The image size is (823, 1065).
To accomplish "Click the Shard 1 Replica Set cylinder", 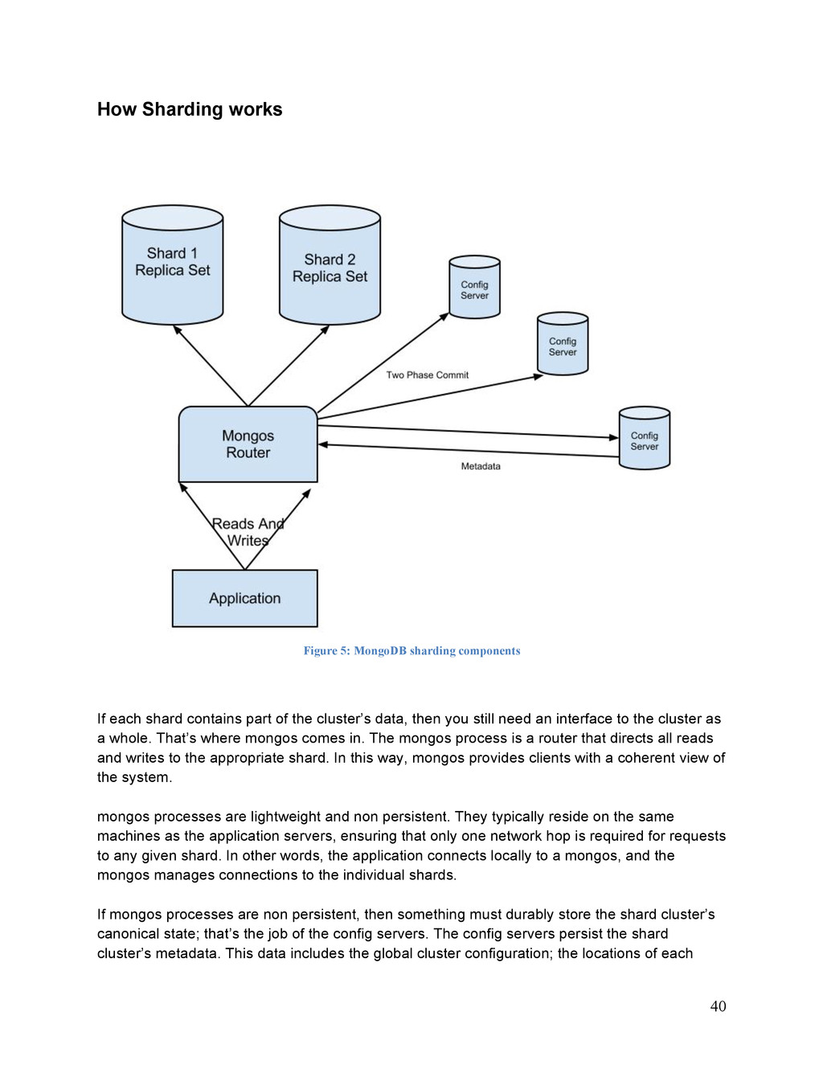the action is [173, 264].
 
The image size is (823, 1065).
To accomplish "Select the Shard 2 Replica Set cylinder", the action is [330, 264].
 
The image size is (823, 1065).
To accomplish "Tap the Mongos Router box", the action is [248, 444].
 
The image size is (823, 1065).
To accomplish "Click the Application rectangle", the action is [245, 598].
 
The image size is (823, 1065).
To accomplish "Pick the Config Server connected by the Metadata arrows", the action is [645, 438].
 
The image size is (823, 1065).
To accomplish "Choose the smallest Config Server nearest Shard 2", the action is [475, 287].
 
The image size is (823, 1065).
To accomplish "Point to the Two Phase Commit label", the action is [428, 375].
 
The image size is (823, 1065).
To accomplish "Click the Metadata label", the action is [481, 466].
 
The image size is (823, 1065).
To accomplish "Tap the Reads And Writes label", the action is [248, 532].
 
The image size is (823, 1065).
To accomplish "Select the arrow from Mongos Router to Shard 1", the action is [211, 366].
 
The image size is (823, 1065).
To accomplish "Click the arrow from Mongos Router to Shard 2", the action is [289, 366].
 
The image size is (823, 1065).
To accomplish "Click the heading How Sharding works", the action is [190, 109].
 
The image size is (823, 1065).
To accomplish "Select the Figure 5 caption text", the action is [411, 651].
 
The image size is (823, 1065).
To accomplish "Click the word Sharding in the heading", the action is [181, 109].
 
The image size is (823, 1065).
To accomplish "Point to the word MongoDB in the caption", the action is [379, 651].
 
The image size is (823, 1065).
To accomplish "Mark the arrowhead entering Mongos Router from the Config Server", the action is [323, 444].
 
